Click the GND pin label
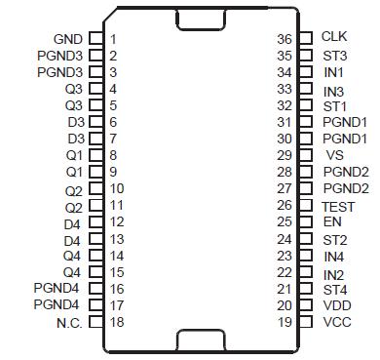tap(67, 39)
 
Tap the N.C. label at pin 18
tap(68, 322)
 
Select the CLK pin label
tap(333, 37)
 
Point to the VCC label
tap(336, 323)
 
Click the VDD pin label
tap(336, 305)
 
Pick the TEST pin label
tap(339, 206)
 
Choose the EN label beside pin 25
tap(331, 222)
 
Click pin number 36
tap(285, 38)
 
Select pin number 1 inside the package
tap(114, 39)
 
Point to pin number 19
tap(285, 323)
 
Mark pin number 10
tap(117, 188)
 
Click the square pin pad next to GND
tap(95, 39)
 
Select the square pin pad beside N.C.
tap(95, 322)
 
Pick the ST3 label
tap(334, 56)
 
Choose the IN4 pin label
tap(333, 257)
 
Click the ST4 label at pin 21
tap(334, 289)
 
